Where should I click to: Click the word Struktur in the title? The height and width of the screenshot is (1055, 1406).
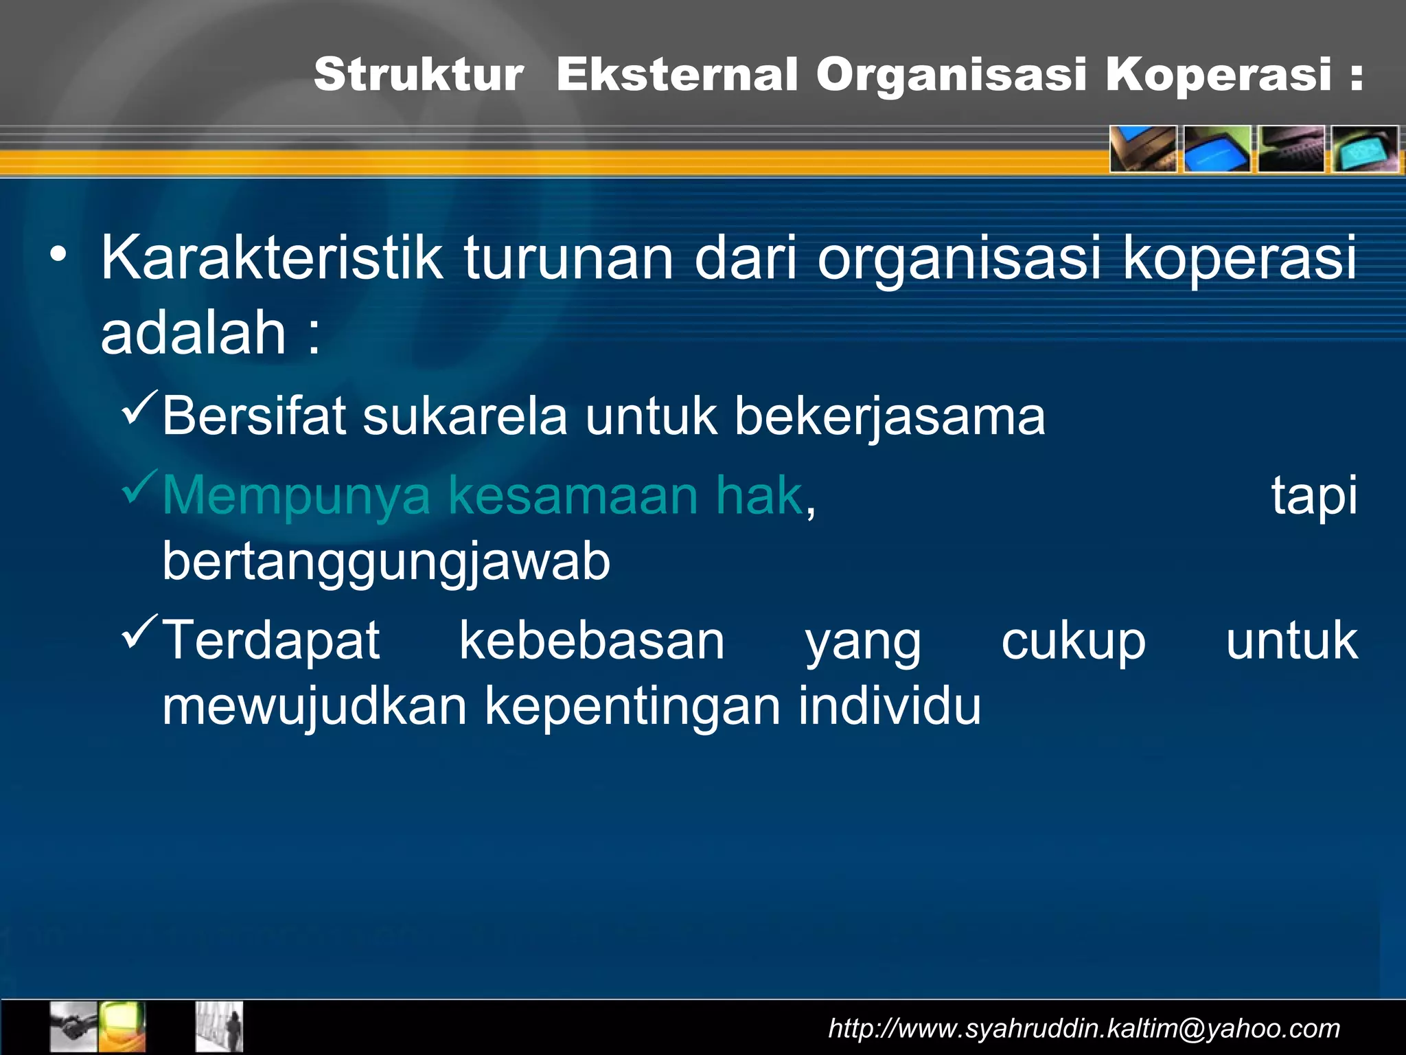pos(419,74)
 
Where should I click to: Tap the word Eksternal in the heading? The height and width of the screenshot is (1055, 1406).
pos(677,74)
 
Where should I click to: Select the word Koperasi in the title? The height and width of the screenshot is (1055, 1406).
pos(1218,74)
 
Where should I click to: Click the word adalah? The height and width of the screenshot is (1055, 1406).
pos(193,333)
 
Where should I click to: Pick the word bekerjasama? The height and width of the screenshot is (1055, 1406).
pos(890,418)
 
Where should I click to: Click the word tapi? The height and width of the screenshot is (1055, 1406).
pos(1313,496)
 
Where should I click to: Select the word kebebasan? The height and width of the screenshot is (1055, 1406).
pos(592,640)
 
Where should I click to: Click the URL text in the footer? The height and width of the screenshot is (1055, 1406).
pos(1084,1028)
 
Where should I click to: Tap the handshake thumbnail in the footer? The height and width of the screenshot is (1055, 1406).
pos(73,1025)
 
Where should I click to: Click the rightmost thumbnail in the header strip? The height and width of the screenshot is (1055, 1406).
pos(1365,148)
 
